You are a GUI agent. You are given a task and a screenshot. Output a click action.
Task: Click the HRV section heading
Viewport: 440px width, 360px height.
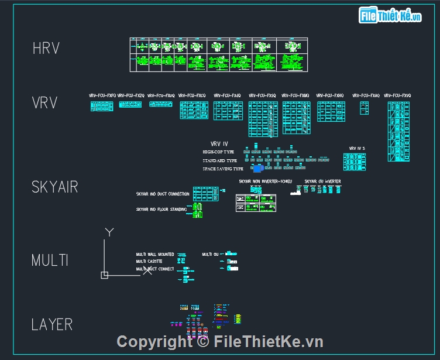(46, 49)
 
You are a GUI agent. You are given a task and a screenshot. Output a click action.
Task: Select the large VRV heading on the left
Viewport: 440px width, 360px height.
(44, 104)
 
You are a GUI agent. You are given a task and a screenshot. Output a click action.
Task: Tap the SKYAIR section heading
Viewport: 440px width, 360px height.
(55, 187)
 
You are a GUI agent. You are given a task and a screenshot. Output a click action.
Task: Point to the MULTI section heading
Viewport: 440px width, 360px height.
(50, 260)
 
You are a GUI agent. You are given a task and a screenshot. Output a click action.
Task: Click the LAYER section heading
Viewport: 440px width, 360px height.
(52, 324)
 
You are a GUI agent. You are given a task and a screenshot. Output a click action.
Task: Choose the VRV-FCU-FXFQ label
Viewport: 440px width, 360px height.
(102, 95)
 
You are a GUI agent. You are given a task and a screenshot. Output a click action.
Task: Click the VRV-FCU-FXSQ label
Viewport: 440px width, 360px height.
(262, 95)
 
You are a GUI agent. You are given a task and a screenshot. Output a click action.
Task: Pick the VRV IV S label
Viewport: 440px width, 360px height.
(357, 149)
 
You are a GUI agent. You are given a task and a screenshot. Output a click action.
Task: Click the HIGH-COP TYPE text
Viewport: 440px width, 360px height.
(219, 152)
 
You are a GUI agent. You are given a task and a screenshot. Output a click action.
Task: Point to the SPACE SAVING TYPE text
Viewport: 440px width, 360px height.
(223, 169)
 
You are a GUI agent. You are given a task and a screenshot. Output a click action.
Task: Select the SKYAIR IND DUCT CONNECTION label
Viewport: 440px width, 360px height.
(163, 194)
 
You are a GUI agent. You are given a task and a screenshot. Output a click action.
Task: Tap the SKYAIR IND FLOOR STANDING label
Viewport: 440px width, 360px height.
(161, 209)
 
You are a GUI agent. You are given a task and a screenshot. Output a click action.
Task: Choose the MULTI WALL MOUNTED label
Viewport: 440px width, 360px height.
(155, 255)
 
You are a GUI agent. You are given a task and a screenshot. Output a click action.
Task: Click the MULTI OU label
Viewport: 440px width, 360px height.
(210, 255)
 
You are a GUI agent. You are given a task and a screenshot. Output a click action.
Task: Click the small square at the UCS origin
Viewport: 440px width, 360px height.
(104, 275)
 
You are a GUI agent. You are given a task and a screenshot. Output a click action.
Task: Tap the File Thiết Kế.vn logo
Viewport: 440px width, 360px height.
(390, 16)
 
